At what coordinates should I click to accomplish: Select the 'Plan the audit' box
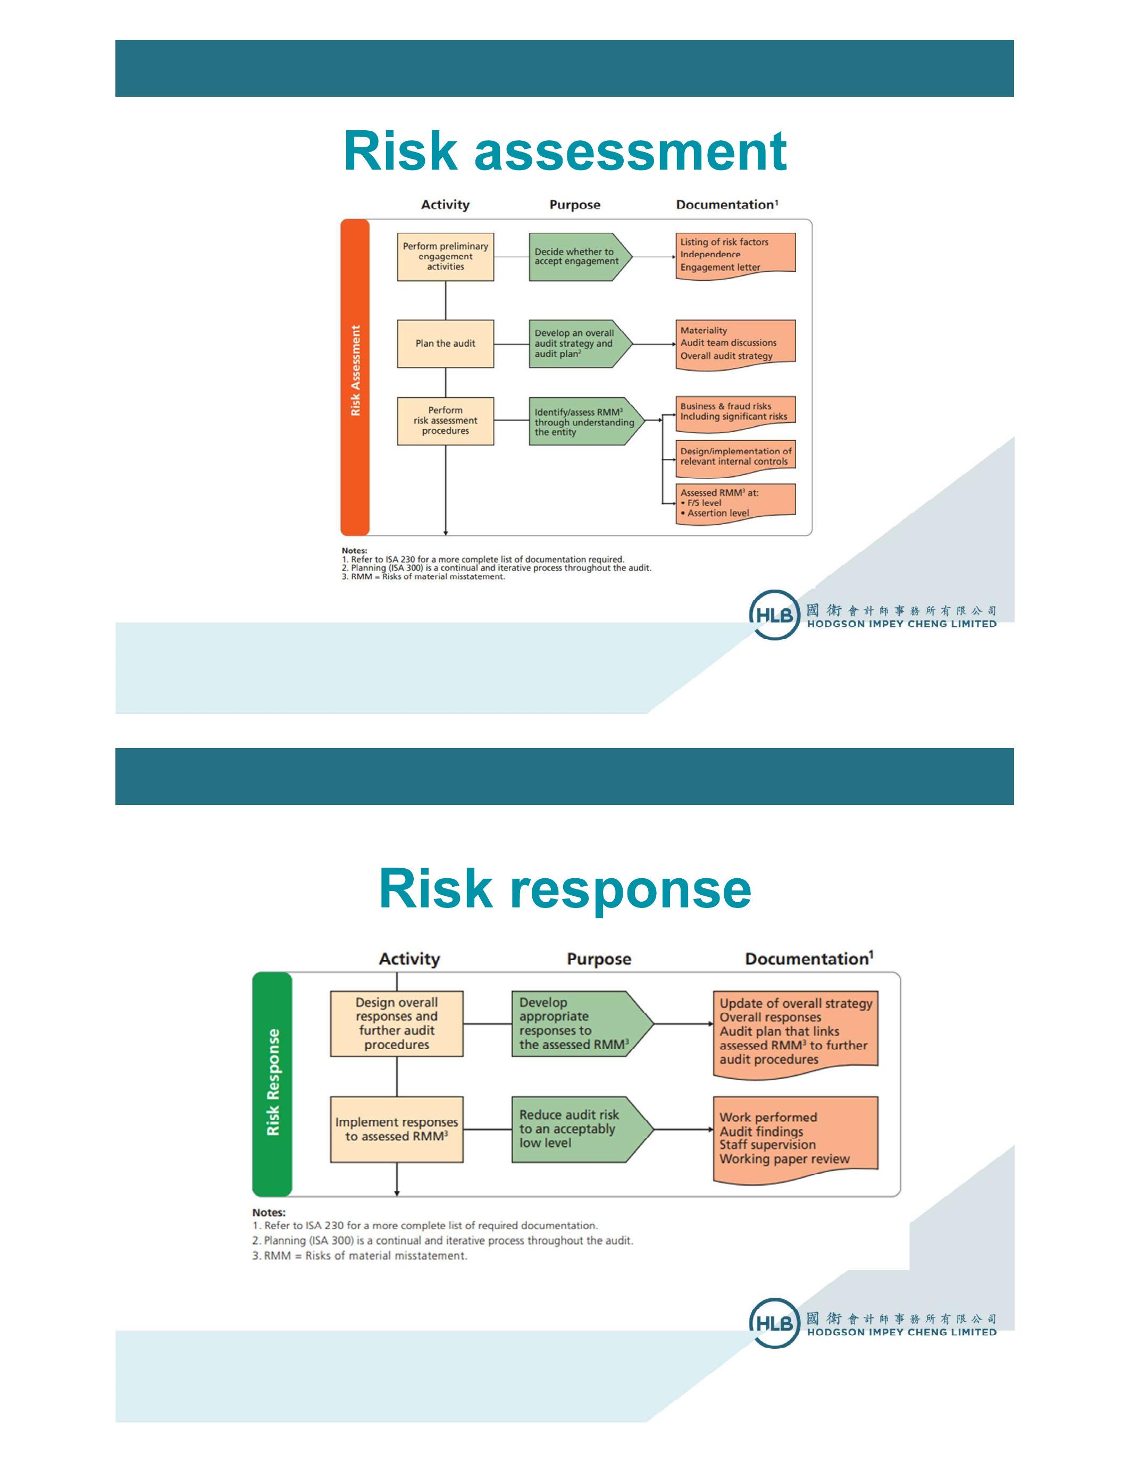coord(445,343)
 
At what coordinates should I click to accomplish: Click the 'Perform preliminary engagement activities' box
coord(445,256)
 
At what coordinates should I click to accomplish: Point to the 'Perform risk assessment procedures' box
coord(445,421)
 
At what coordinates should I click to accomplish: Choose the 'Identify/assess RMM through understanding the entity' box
coord(582,422)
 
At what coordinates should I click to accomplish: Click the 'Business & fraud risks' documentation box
coord(734,411)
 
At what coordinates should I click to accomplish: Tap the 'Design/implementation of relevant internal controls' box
coord(734,457)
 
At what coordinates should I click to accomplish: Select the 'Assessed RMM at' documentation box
coord(734,503)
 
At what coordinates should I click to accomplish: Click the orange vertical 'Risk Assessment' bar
coord(355,376)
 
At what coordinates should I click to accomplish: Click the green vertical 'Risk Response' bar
coord(272,1083)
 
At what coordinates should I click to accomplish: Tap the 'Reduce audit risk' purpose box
coord(576,1129)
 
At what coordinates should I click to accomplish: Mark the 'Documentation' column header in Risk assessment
coord(726,205)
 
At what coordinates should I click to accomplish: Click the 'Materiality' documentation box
coord(734,343)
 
